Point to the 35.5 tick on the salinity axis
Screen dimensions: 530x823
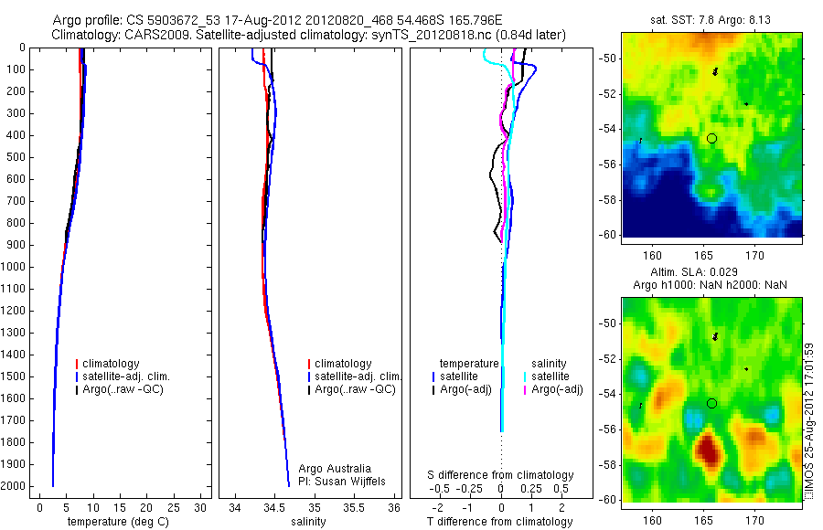click(355, 507)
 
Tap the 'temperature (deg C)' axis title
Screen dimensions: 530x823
click(115, 522)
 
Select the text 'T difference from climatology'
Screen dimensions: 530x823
click(499, 522)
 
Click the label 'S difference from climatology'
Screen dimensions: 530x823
click(500, 475)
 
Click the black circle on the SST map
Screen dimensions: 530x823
click(711, 138)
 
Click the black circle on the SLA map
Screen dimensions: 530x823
click(711, 403)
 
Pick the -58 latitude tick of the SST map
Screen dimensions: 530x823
click(610, 200)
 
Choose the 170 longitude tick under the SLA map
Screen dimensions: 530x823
click(754, 520)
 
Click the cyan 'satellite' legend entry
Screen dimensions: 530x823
click(552, 376)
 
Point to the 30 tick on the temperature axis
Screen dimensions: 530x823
click(201, 507)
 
